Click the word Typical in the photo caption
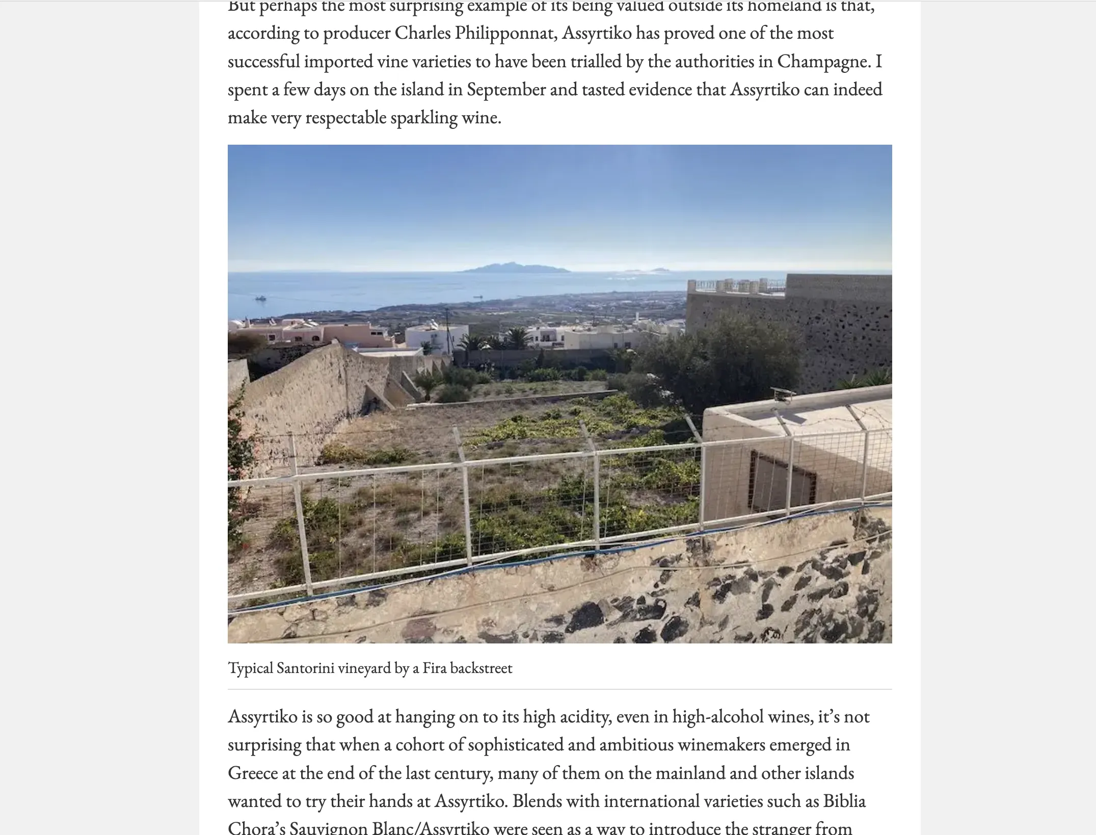pos(250,668)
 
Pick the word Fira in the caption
pos(434,668)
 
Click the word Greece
pos(252,773)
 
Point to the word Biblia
pos(844,801)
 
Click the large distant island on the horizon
pos(515,267)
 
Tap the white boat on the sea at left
pos(260,299)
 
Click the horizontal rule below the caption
pos(559,689)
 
